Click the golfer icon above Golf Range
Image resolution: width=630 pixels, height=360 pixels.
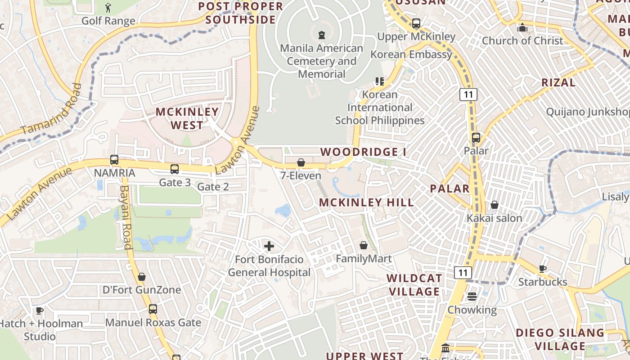tap(108, 8)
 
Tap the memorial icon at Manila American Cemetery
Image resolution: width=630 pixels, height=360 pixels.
tap(321, 35)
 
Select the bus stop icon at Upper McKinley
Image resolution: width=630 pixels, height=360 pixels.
tap(416, 23)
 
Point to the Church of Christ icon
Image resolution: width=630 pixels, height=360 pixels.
tap(522, 27)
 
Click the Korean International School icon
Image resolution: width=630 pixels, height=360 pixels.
tap(379, 81)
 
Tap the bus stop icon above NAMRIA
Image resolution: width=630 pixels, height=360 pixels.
tap(114, 160)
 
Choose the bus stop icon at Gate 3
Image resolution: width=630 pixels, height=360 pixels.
tap(175, 169)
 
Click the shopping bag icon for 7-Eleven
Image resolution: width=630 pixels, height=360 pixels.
tap(301, 162)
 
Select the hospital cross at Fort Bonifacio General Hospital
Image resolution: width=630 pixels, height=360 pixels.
tap(269, 246)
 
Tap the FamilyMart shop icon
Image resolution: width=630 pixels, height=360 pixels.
tap(364, 245)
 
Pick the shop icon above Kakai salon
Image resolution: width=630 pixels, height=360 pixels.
tap(495, 205)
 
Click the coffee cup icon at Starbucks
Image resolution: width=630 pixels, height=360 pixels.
tap(543, 269)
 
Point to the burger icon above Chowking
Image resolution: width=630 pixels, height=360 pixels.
tap(472, 297)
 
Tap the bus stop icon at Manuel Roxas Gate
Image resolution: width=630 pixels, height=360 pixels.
tap(153, 309)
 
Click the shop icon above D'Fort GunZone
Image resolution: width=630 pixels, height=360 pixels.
tap(142, 277)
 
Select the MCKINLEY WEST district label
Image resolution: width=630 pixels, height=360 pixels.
tap(187, 118)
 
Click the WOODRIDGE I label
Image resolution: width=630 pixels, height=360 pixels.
tap(363, 152)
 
